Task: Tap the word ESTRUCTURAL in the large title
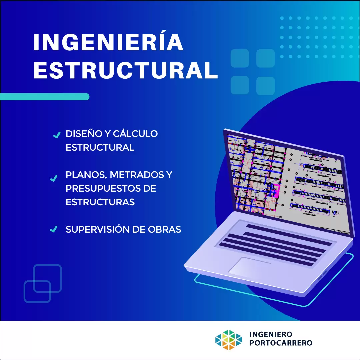(x=126, y=70)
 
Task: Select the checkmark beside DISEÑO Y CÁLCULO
(x=57, y=135)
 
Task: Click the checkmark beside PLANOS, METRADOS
(x=54, y=178)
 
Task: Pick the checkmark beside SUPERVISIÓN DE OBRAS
(x=54, y=229)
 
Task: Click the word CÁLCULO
(x=135, y=133)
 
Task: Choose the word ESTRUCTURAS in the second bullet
(x=100, y=202)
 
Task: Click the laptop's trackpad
(x=249, y=267)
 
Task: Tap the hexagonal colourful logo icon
(x=228, y=340)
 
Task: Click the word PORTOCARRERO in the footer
(x=281, y=343)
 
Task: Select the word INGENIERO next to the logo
(x=271, y=334)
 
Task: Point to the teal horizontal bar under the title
(x=45, y=97)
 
